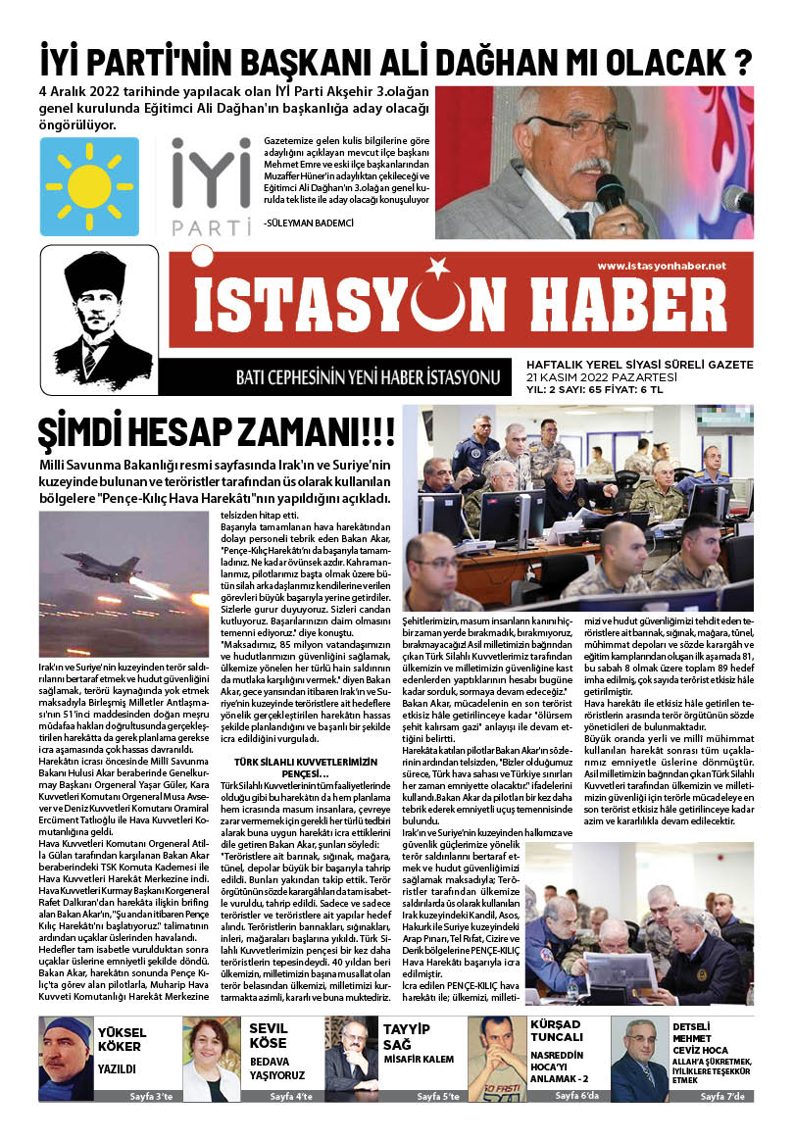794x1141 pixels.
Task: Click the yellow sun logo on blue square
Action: click(89, 186)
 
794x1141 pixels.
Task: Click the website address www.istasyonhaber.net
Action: click(662, 267)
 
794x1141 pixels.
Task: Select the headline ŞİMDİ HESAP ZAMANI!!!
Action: click(217, 432)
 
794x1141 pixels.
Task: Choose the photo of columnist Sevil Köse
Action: click(211, 1059)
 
